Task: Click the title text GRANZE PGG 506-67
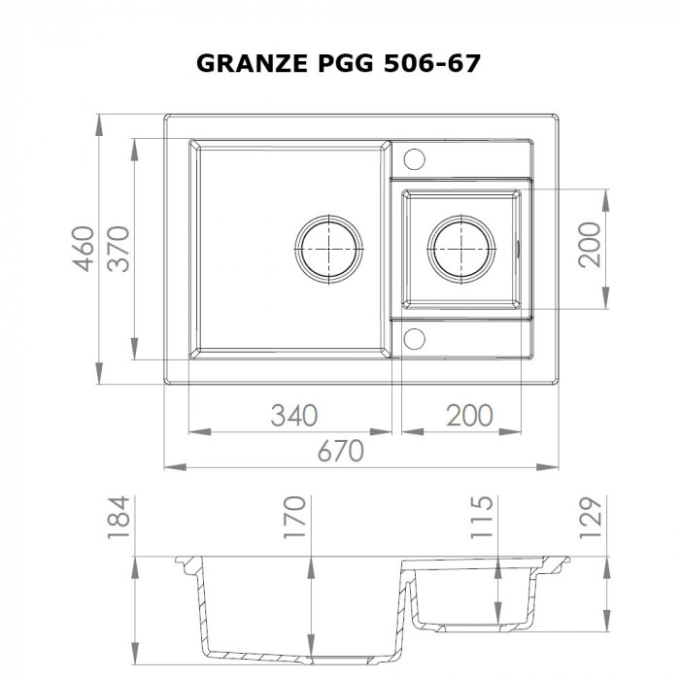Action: [339, 64]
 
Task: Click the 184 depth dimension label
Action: [119, 516]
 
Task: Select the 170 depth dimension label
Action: [295, 516]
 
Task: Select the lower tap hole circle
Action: [413, 337]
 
